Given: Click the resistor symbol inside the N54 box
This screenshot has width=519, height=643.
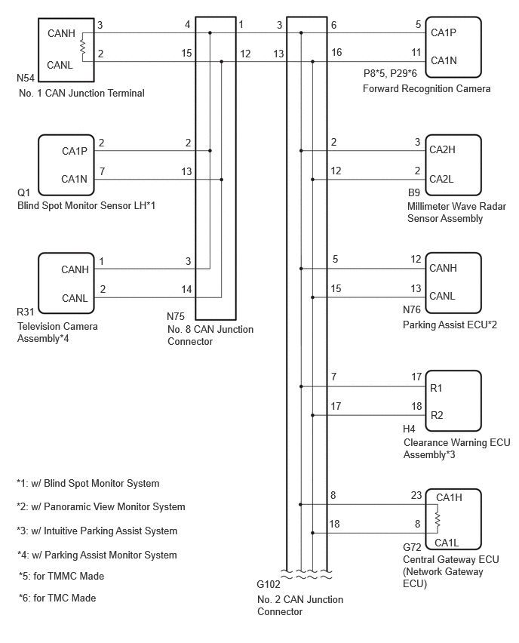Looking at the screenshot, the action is coord(82,47).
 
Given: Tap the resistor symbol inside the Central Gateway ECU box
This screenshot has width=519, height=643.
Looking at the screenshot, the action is coord(438,520).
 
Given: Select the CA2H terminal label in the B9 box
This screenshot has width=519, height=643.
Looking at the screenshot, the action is coord(442,149).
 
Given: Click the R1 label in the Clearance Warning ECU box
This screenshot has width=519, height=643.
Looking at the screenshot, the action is coord(436,388).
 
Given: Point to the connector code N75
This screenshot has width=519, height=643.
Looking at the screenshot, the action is coord(176,316).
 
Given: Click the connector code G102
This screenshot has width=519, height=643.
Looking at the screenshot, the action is coord(269,584).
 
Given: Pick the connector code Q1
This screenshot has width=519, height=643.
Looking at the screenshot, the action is coord(24,192).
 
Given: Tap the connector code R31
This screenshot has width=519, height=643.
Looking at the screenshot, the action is coord(26,312).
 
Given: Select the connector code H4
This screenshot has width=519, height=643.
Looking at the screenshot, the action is coord(409,429).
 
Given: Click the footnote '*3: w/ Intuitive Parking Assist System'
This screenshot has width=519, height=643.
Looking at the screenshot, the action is coord(97,531).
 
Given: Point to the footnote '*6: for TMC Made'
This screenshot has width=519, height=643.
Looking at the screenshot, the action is coord(57,598).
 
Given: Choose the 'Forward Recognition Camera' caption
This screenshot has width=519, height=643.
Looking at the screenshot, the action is coord(426,88).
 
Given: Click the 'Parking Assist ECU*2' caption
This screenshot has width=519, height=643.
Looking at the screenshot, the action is coord(450,325).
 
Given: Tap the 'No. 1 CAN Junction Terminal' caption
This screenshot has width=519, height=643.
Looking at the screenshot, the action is coord(81,93).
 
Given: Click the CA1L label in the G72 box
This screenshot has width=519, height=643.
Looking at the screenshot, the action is coord(447,543).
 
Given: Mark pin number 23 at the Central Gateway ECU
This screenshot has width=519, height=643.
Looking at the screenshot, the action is coord(416,495).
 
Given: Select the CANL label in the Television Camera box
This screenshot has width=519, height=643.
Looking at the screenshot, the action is coord(75,298).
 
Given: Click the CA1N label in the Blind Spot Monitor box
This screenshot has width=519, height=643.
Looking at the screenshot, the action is coord(74,179).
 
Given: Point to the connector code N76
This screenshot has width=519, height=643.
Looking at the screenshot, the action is coord(412,309).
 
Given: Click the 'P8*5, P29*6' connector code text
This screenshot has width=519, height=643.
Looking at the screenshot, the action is coord(390,73).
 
